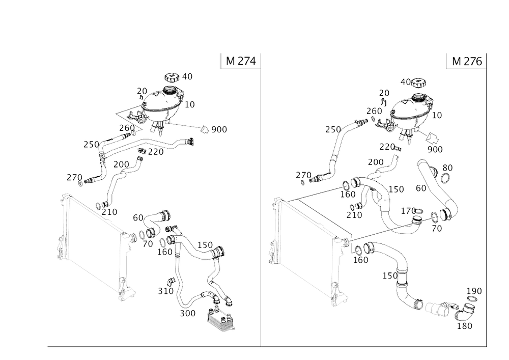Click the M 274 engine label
point(241,61)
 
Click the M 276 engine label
point(467,61)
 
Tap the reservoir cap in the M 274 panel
point(172,78)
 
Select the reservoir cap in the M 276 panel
point(418,82)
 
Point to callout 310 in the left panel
point(166,291)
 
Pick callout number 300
point(188,313)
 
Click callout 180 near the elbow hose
point(465,326)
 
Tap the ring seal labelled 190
point(472,299)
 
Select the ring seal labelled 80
point(446,178)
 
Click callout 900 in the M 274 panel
point(219,129)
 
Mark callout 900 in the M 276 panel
point(435,149)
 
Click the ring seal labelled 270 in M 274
point(80,184)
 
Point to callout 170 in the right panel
point(408,211)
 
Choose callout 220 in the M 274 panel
point(156,152)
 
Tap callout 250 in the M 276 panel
point(333,130)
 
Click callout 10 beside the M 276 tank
point(437,115)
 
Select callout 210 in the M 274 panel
point(109,212)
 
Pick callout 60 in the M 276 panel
point(421,188)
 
